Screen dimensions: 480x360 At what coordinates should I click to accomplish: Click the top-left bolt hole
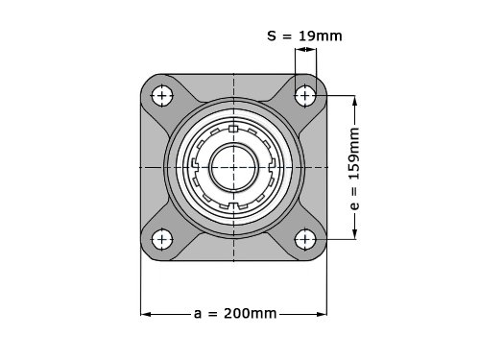click(x=162, y=96)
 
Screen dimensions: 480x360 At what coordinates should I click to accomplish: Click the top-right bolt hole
click(x=305, y=96)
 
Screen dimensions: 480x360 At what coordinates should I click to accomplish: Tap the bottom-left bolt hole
click(x=162, y=239)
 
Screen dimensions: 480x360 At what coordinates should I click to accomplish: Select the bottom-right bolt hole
click(x=305, y=239)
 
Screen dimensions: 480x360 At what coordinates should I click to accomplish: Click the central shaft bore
click(x=233, y=167)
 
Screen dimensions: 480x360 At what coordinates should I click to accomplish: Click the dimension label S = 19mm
click(x=304, y=36)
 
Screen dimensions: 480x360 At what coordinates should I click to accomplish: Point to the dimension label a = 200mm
click(x=235, y=314)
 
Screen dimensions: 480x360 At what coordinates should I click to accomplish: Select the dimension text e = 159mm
click(x=354, y=169)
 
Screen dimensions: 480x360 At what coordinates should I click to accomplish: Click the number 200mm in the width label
click(x=250, y=314)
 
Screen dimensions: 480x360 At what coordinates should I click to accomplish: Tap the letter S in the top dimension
click(x=272, y=36)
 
